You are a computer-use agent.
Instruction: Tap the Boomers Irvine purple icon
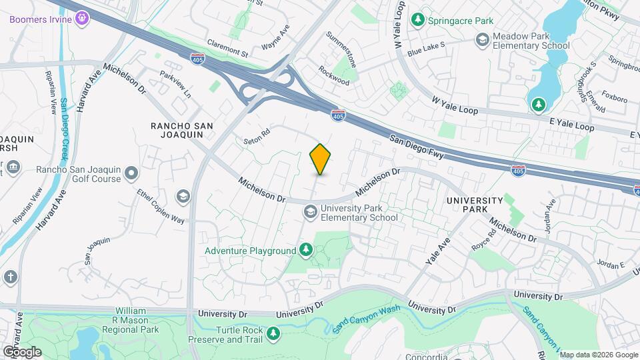pyautogui.click(x=82, y=18)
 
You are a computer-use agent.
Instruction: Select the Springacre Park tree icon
pyautogui.click(x=418, y=21)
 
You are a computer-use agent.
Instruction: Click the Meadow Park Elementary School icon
pyautogui.click(x=481, y=40)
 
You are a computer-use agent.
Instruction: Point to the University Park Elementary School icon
pyautogui.click(x=309, y=212)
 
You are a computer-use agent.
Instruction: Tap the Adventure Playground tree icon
pyautogui.click(x=305, y=251)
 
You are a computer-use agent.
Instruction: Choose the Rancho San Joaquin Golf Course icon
pyautogui.click(x=131, y=174)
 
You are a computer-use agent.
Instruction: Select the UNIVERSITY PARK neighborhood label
pyautogui.click(x=474, y=204)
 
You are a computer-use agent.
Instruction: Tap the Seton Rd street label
pyautogui.click(x=257, y=137)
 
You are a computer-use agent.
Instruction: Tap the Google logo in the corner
pyautogui.click(x=22, y=351)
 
